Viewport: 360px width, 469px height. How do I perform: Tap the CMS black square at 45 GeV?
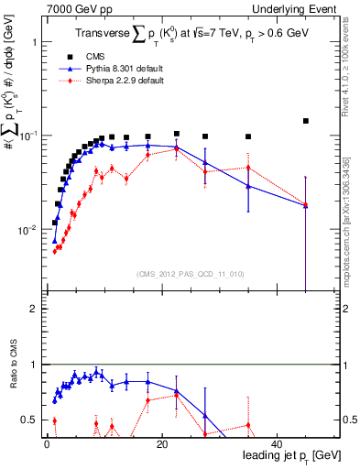pos(306,121)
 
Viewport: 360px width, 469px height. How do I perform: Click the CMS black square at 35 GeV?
pos(248,136)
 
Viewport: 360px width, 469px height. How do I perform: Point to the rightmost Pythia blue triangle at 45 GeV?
pos(306,205)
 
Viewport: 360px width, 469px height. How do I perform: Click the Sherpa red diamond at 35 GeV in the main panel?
pos(248,168)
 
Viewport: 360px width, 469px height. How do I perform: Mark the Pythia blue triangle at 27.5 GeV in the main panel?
pos(205,163)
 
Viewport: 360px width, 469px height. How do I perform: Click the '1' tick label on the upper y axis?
pos(34,43)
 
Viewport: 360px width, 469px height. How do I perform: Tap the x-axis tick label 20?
pos(162,444)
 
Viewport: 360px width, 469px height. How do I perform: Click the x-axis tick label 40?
pos(278,444)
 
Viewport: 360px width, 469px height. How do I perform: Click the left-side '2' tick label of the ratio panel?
pos(34,309)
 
